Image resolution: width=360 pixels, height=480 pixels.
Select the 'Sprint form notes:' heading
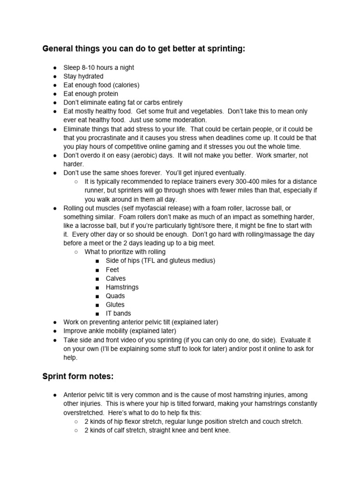pyautogui.click(x=78, y=376)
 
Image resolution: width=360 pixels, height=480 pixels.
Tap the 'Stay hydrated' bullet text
pyautogui.click(x=83, y=76)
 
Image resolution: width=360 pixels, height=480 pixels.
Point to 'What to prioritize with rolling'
pyautogui.click(x=125, y=252)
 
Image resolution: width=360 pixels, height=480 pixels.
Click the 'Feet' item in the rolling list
pyautogui.click(x=112, y=270)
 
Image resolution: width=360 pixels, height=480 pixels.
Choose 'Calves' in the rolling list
pyautogui.click(x=116, y=278)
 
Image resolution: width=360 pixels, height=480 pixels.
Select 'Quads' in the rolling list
pyautogui.click(x=115, y=296)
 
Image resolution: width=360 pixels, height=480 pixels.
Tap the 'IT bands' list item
pyautogui.click(x=119, y=313)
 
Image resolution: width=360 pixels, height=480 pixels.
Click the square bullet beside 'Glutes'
pyautogui.click(x=97, y=305)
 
